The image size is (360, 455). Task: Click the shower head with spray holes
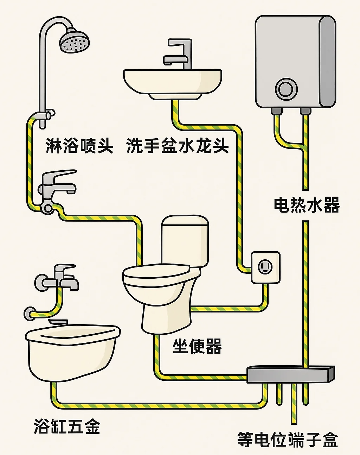(x=74, y=42)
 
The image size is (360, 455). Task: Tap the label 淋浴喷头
(x=79, y=145)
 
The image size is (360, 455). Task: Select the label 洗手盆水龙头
(x=178, y=145)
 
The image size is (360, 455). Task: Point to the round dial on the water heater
(x=286, y=89)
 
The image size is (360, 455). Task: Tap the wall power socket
(x=265, y=267)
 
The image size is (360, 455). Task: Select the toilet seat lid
(x=156, y=275)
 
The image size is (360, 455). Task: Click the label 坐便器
(x=197, y=346)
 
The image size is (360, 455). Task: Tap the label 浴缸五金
(x=67, y=426)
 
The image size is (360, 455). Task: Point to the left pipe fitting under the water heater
(x=277, y=111)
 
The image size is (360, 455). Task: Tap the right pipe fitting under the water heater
(x=305, y=111)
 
